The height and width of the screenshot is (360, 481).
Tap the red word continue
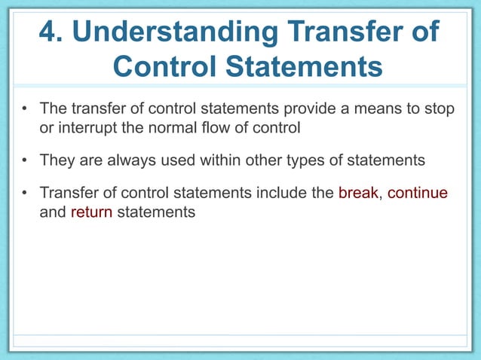419,193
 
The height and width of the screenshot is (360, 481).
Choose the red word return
91,212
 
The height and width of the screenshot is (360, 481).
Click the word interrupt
85,127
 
